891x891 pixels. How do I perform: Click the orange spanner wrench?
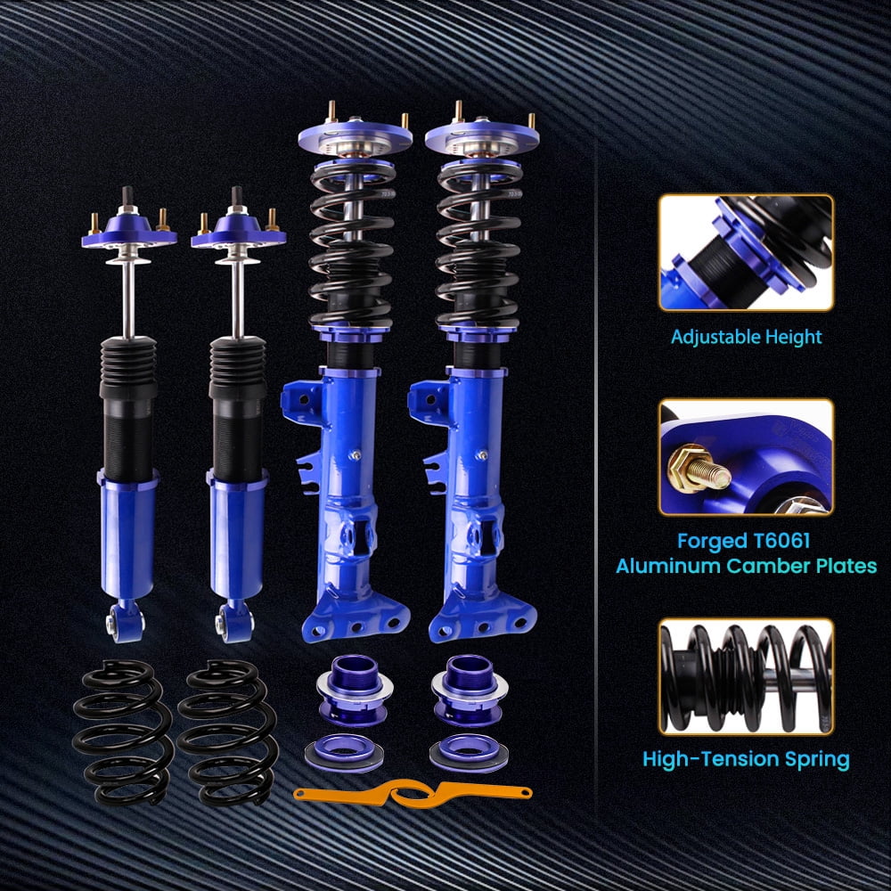click(x=413, y=793)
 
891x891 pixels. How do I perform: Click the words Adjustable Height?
click(x=746, y=337)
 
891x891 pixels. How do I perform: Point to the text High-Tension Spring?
click(x=746, y=759)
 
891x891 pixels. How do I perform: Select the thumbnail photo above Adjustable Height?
click(x=746, y=252)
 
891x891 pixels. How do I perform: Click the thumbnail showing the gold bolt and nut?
click(x=746, y=457)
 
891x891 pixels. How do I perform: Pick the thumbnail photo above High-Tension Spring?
click(x=746, y=676)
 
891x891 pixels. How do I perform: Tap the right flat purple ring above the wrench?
click(x=469, y=752)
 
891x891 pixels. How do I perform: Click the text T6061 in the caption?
click(x=781, y=541)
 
